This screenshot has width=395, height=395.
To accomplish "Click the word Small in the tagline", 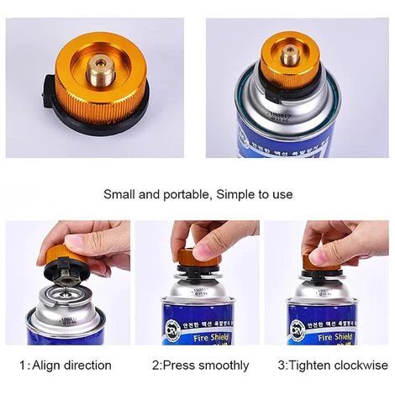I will click(120, 194).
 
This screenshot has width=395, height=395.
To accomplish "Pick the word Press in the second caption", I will click(177, 365).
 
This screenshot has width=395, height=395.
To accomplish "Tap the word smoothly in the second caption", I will click(223, 365).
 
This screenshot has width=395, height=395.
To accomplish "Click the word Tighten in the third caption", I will click(308, 365).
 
